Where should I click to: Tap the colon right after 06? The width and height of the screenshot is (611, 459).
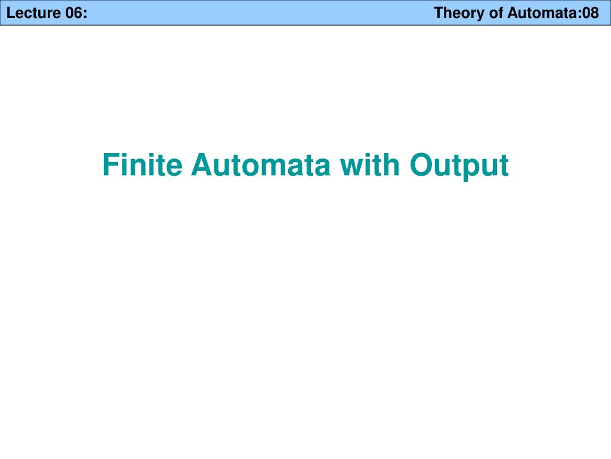tap(84, 14)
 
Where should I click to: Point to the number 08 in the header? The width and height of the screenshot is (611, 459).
tap(591, 13)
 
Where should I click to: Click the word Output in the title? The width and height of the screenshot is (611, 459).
tap(459, 166)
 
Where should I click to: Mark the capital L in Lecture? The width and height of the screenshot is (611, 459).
tap(11, 13)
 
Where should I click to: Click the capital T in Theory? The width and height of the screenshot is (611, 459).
tap(439, 13)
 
